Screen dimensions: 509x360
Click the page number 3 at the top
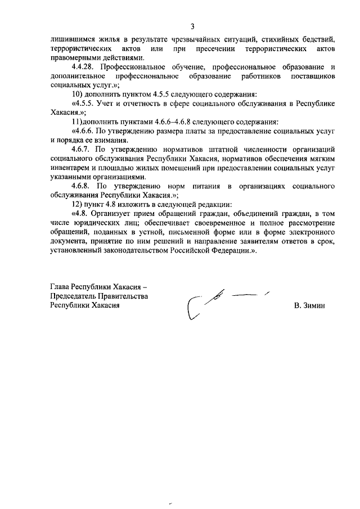click(x=192, y=26)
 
